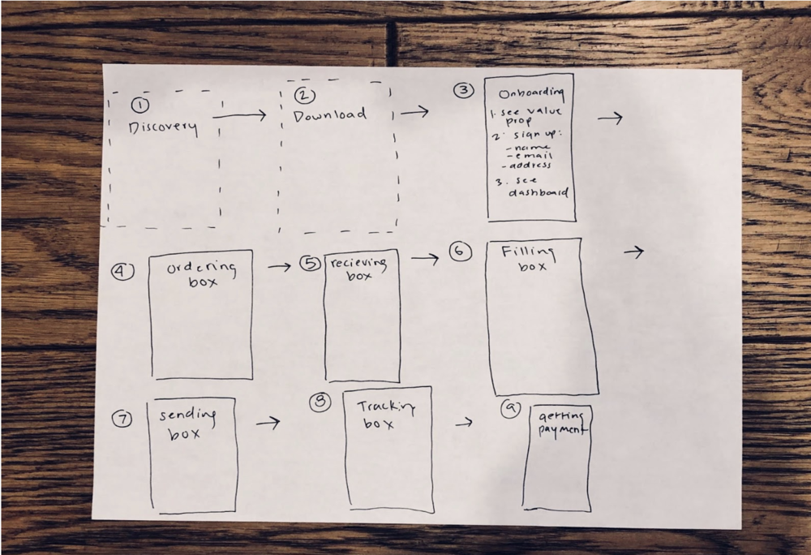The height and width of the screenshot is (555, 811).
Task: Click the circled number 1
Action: pos(141,105)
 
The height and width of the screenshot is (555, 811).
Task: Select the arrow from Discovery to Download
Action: pos(239,116)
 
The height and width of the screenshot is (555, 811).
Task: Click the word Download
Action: pos(329,115)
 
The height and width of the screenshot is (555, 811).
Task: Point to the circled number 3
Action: pos(463,90)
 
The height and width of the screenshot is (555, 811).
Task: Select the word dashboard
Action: pos(539,192)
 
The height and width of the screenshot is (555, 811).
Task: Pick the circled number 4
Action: pos(122,272)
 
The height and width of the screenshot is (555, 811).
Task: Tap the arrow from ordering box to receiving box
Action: pos(279,266)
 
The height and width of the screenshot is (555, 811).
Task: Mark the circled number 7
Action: pos(122,419)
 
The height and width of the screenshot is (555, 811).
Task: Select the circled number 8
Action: pos(322,402)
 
